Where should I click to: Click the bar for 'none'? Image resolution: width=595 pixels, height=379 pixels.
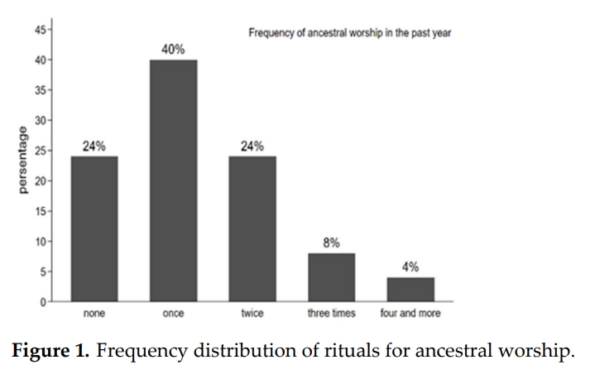pos(94,229)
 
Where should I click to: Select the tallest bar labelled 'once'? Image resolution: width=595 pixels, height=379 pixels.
pos(173,180)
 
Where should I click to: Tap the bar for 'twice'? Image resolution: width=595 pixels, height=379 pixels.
pos(252,229)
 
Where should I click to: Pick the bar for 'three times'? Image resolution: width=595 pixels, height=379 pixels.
pos(331,277)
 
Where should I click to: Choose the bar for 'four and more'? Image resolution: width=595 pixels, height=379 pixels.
pos(410,290)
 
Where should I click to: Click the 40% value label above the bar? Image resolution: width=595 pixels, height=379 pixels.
pos(173,50)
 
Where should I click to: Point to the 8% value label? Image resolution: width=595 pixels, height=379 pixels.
pos(331,243)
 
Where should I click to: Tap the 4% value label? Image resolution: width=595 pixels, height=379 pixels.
pos(410,267)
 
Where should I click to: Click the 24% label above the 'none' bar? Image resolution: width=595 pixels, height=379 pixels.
pos(94,146)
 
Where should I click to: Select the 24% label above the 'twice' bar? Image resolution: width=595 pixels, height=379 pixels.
pos(252,146)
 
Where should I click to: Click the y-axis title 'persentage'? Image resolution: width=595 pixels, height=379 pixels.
pos(22,161)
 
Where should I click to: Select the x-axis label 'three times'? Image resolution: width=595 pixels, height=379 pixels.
pos(331,314)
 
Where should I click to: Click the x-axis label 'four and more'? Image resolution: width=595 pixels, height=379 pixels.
pos(410,314)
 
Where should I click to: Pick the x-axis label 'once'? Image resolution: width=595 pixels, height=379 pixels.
pos(173,314)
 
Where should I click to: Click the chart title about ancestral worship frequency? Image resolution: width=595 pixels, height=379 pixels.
pos(349,34)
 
